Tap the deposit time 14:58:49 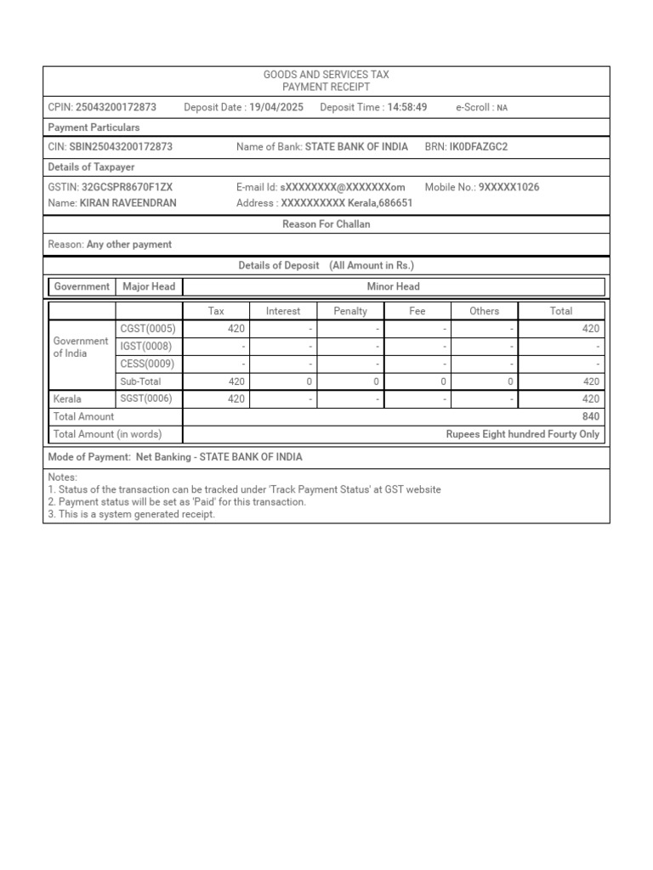click(406, 108)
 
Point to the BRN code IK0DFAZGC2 click(478, 147)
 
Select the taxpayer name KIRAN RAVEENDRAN click(128, 203)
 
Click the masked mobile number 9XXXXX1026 click(508, 187)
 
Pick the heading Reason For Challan click(326, 224)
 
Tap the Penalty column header click(350, 311)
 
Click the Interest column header click(283, 311)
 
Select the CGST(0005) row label click(148, 329)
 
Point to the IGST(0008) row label click(147, 347)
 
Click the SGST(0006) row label click(148, 399)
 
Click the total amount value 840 click(590, 417)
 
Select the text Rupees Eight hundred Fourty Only click(522, 434)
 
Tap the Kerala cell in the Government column click(67, 399)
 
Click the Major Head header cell click(149, 287)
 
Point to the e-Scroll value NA click(503, 108)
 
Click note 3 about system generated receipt click(132, 514)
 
